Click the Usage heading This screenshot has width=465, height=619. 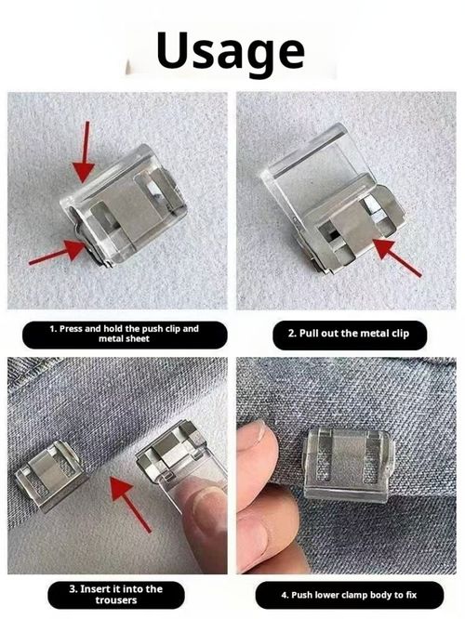[231, 49]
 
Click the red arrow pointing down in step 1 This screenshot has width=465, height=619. [84, 151]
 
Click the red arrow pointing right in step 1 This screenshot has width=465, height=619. [57, 253]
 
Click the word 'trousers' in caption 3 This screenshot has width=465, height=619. [116, 601]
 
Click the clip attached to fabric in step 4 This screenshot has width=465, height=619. [348, 462]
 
